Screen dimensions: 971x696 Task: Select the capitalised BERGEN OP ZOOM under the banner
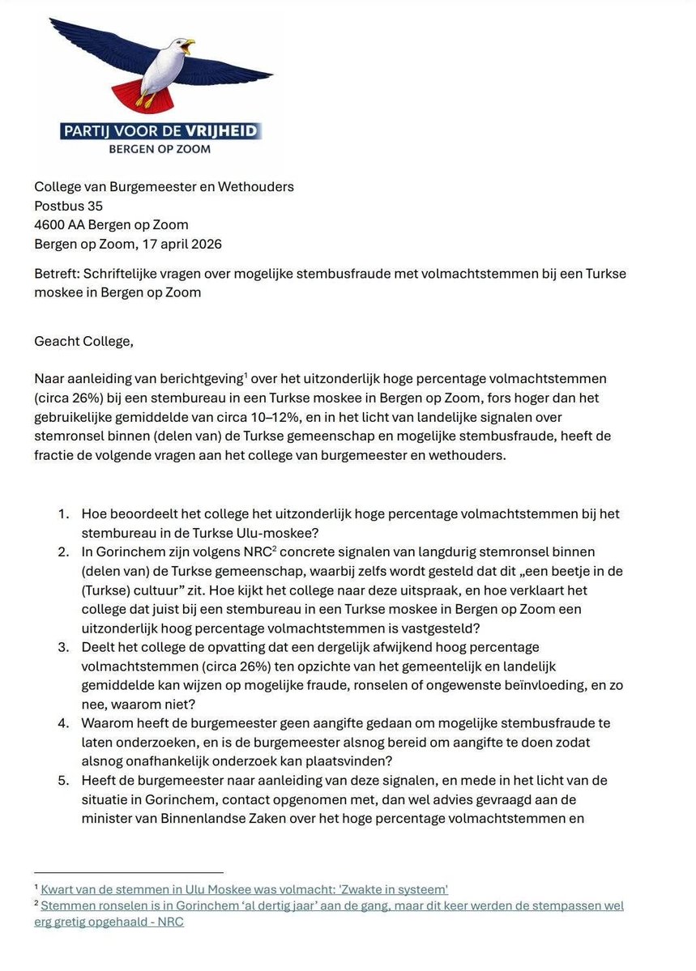click(160, 149)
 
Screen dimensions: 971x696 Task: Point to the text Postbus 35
click(68, 206)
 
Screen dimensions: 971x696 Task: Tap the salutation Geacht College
click(83, 340)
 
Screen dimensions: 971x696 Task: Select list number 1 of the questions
click(63, 513)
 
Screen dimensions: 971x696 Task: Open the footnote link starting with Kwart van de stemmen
click(244, 888)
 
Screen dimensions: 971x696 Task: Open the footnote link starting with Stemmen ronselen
click(332, 905)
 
